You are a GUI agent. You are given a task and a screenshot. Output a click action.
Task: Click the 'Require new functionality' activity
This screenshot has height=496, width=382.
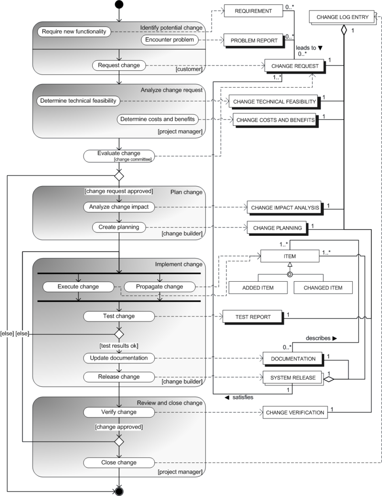(x=74, y=32)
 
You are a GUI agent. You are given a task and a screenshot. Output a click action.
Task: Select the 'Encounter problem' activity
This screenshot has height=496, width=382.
(x=170, y=40)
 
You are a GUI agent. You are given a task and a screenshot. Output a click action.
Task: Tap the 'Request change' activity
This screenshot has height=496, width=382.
(x=119, y=65)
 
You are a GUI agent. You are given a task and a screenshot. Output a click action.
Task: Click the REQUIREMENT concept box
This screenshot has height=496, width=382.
(x=253, y=11)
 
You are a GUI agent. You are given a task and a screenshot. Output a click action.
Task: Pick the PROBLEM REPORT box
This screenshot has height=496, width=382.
(x=254, y=41)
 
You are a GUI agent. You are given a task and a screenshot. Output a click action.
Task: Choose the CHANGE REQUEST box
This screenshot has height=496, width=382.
(x=295, y=66)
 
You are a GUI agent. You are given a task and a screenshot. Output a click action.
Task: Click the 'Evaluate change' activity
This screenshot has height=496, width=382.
(x=119, y=155)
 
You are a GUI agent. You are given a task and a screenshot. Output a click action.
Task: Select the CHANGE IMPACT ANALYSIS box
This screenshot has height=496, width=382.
(x=285, y=207)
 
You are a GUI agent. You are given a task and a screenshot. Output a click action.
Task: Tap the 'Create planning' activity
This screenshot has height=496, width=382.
(x=119, y=227)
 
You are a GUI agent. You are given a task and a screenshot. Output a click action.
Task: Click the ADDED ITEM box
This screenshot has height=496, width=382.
(x=258, y=287)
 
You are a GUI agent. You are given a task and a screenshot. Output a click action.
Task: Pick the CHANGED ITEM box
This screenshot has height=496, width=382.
(x=323, y=287)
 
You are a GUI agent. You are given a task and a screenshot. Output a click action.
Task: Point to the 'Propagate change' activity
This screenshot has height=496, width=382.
(x=160, y=287)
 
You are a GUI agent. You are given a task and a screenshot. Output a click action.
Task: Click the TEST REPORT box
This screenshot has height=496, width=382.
(x=253, y=317)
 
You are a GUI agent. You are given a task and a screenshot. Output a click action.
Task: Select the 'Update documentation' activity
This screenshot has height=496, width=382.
(x=119, y=358)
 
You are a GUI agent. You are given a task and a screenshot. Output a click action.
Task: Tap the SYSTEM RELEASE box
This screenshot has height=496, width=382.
(x=293, y=377)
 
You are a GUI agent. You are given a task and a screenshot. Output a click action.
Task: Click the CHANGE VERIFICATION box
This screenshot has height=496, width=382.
(x=295, y=412)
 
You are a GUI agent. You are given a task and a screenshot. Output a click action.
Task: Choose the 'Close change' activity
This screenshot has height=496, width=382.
(x=119, y=463)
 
